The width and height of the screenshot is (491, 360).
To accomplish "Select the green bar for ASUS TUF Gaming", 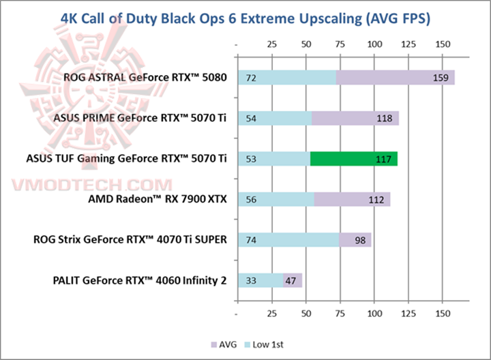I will click(353, 159).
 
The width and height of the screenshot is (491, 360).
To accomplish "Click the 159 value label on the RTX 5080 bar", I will click(440, 78).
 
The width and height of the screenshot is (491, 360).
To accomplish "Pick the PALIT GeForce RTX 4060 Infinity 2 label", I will click(139, 280).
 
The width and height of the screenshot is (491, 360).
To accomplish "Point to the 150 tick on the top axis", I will click(442, 44).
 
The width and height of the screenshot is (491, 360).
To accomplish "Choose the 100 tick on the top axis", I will click(374, 44).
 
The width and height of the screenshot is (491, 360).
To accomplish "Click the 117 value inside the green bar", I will click(384, 159).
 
